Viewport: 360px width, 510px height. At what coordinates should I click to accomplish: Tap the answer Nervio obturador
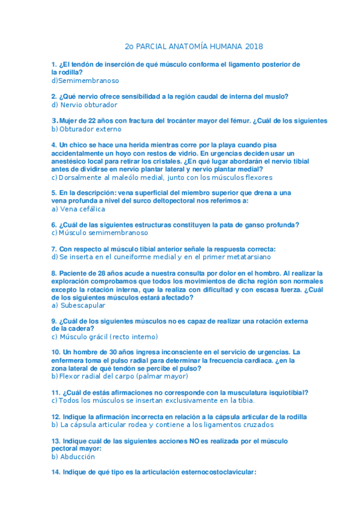click(x=88, y=105)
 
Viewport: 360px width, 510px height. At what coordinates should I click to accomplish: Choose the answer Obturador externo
click(x=90, y=129)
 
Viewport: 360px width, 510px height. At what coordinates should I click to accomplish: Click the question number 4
click(x=54, y=145)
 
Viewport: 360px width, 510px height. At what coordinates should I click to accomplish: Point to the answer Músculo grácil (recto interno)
click(x=108, y=337)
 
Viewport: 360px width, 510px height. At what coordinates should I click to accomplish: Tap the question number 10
click(x=55, y=352)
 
